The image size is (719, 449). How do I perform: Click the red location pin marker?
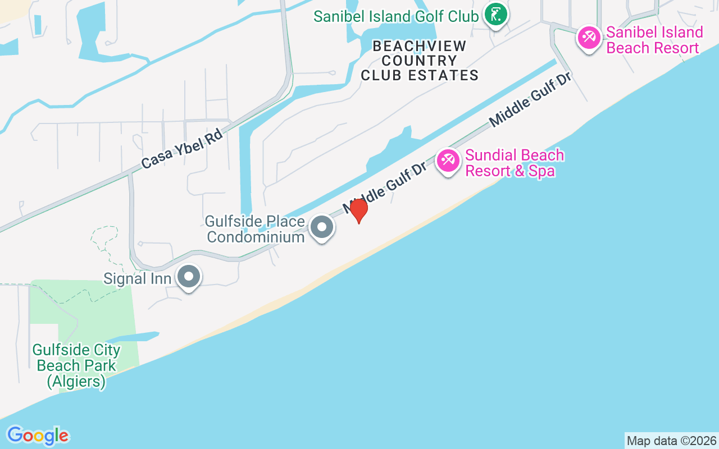click(358, 210)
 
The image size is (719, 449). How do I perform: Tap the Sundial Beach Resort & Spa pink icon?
click(448, 161)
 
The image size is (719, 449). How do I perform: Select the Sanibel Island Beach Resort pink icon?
click(589, 38)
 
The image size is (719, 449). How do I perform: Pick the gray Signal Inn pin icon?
click(189, 277)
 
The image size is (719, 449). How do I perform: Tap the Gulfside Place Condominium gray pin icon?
click(322, 227)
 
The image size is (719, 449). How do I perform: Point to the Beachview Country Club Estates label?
click(420, 61)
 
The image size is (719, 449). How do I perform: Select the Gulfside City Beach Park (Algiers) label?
click(76, 366)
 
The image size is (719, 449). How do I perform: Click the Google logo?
click(38, 436)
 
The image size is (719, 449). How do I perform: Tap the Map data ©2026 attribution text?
click(671, 441)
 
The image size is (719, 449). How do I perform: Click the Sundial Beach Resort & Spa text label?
click(515, 163)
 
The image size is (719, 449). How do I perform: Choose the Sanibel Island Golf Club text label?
click(396, 16)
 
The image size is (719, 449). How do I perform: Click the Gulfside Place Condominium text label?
click(255, 229)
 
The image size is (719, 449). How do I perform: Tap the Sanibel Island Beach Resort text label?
click(654, 40)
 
